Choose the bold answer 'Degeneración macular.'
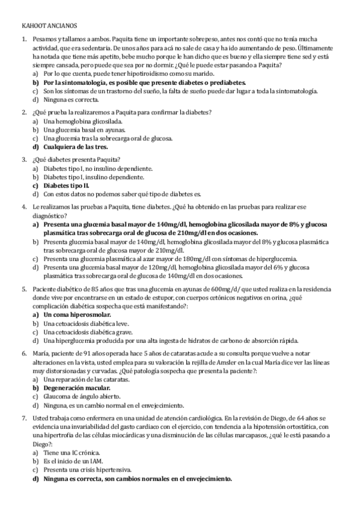point(76,388)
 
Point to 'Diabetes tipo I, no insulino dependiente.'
point(98,169)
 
